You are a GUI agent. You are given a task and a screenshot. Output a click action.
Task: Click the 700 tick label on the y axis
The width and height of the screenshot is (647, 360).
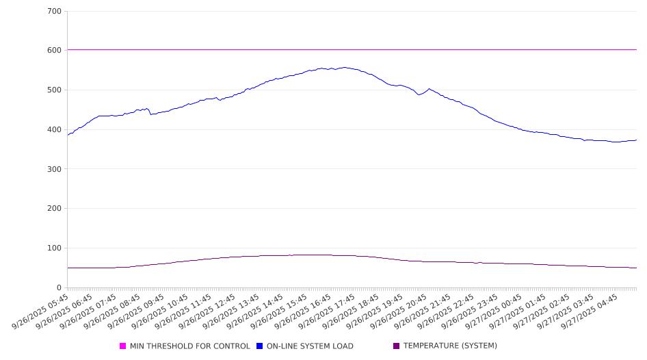click(55, 11)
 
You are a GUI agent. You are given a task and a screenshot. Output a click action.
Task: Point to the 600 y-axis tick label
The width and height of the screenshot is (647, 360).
click(55, 51)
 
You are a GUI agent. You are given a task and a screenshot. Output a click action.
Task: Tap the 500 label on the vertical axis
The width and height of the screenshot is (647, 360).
click(55, 90)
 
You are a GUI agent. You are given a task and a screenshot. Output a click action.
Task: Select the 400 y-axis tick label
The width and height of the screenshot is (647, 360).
click(55, 130)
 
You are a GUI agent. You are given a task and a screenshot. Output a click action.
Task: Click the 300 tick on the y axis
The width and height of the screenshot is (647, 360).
click(55, 169)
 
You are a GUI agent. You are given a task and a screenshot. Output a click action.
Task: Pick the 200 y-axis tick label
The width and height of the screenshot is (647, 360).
click(55, 209)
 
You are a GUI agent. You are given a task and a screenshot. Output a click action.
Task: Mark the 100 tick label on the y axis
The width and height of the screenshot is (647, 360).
click(55, 248)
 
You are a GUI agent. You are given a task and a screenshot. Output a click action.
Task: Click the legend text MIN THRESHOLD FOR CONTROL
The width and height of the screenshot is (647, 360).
click(189, 346)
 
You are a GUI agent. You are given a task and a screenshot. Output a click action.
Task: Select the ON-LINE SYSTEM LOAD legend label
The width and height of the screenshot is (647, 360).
click(310, 346)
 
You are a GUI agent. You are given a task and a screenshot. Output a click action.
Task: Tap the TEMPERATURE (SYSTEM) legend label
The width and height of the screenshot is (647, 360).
click(450, 346)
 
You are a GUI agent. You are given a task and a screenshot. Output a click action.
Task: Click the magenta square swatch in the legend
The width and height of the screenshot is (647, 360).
click(123, 346)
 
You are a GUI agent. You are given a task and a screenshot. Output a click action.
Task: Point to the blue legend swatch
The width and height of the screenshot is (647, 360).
click(260, 346)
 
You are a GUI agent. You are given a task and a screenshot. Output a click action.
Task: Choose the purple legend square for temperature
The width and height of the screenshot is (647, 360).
click(397, 346)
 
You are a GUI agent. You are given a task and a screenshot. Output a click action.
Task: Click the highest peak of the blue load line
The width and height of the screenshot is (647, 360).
click(345, 67)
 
